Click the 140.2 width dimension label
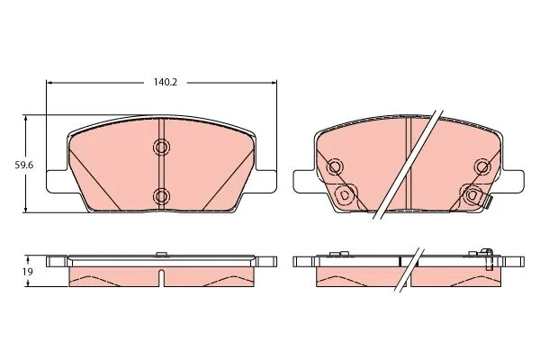[166, 82]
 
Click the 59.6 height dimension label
[23, 165]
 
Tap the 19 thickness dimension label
[28, 272]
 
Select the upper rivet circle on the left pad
[161, 147]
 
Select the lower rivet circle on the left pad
[161, 196]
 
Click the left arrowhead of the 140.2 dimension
[49, 83]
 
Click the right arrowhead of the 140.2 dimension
[274, 83]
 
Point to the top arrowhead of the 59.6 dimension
[26, 119]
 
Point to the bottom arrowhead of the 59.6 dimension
[26, 209]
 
